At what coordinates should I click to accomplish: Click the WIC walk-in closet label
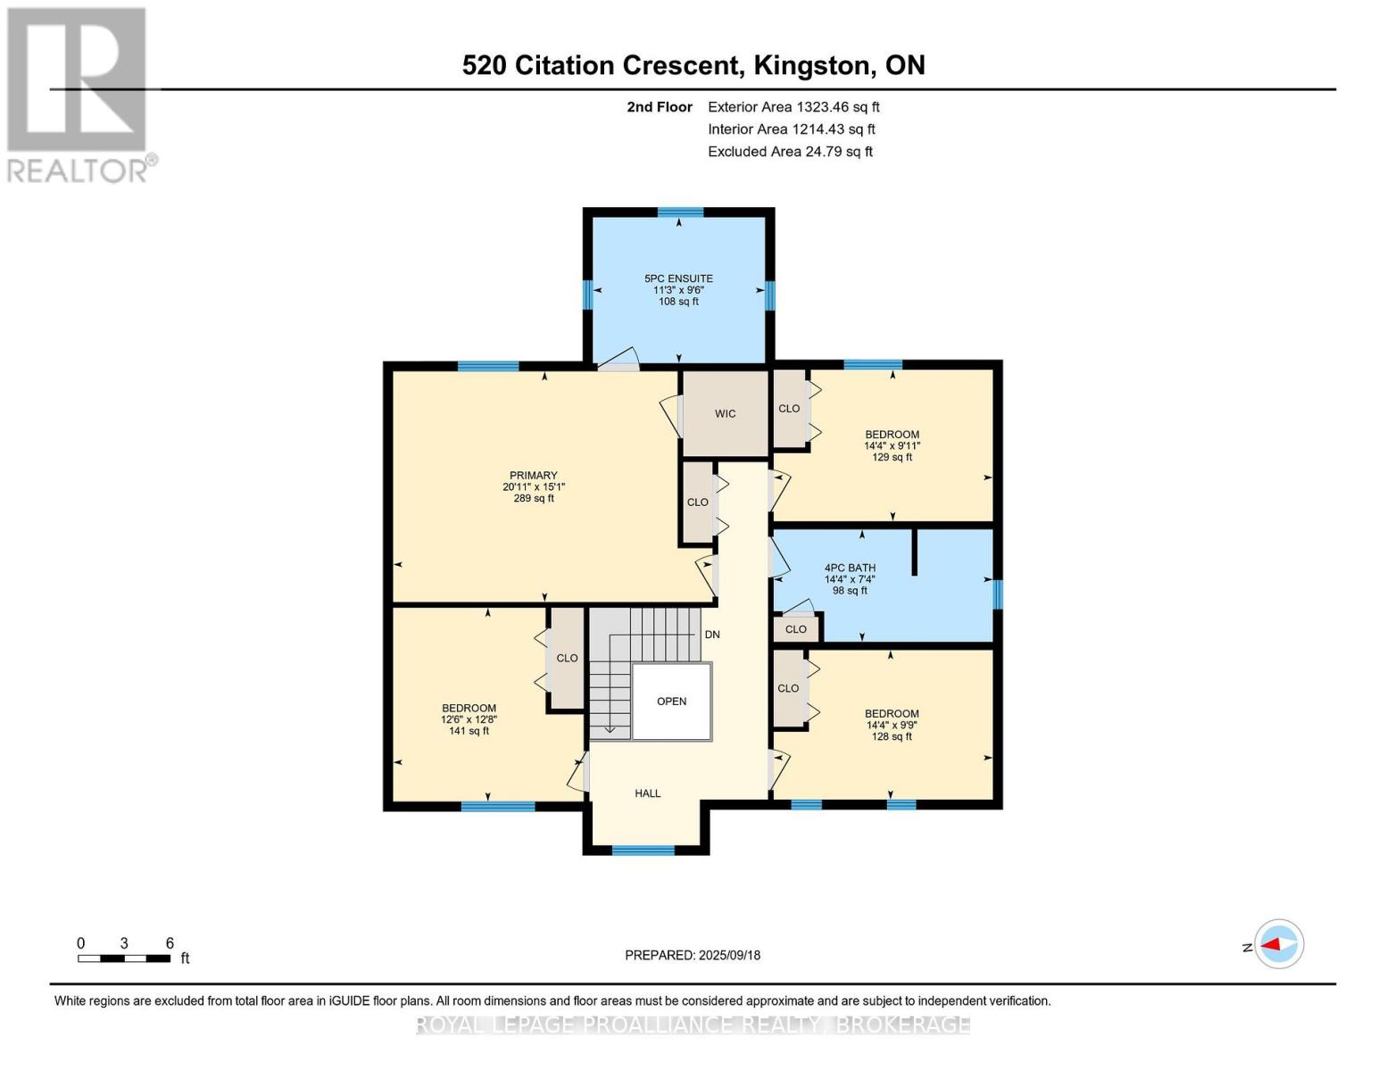coord(725,413)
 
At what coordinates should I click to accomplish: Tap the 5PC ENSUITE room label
coord(678,278)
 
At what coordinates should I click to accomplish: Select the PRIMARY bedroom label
coord(533,475)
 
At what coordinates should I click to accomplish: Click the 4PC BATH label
coord(850,568)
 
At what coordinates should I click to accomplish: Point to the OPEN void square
coord(672,702)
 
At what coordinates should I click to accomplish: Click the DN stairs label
coord(712,635)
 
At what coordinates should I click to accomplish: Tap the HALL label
coord(647,793)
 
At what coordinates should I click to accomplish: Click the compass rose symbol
coord(1279,944)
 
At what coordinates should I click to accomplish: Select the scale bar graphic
coord(124,959)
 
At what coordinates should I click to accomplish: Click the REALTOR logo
coord(79,95)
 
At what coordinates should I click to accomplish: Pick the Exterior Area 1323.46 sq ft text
coord(793,107)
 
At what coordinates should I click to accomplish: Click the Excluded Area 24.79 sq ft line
coord(790,152)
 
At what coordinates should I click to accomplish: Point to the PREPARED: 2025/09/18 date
coord(693,955)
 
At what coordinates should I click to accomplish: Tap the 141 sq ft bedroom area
coord(469,731)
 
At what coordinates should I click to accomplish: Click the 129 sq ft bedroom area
coord(892,457)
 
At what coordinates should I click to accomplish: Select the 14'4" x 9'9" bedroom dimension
coord(892,726)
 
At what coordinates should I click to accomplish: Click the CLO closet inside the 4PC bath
coord(795,629)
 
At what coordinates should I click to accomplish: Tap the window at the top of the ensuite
coord(680,212)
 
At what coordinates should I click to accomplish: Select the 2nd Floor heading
coord(660,107)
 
